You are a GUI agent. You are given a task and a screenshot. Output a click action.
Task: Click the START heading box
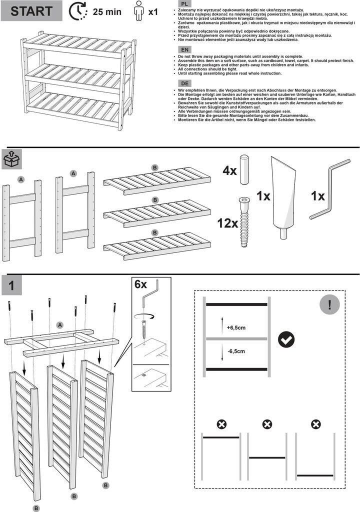[x=31, y=11]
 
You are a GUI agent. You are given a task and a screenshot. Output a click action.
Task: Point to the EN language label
[x=184, y=50]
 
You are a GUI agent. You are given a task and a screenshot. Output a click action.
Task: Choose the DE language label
[x=184, y=83]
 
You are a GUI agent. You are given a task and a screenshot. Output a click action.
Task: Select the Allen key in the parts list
[x=330, y=188]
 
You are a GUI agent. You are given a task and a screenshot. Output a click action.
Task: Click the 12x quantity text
[x=227, y=222]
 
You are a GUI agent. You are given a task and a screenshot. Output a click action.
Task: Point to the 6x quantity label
[x=141, y=284]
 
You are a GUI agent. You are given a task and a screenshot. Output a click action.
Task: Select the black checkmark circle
[x=286, y=339]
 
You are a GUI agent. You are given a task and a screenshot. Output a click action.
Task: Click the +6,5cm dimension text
[x=236, y=328]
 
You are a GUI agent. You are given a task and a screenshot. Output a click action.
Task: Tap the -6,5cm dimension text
[x=236, y=351]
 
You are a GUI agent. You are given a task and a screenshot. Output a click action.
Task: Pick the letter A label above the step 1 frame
[x=60, y=324]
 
